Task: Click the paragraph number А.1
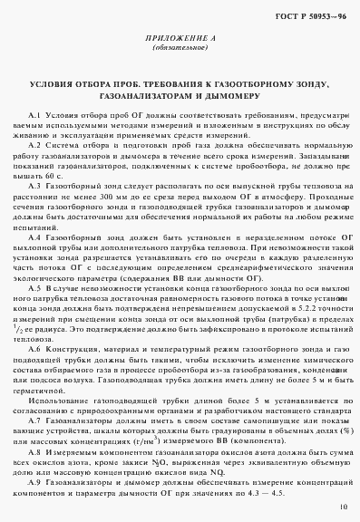(x=38, y=121)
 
